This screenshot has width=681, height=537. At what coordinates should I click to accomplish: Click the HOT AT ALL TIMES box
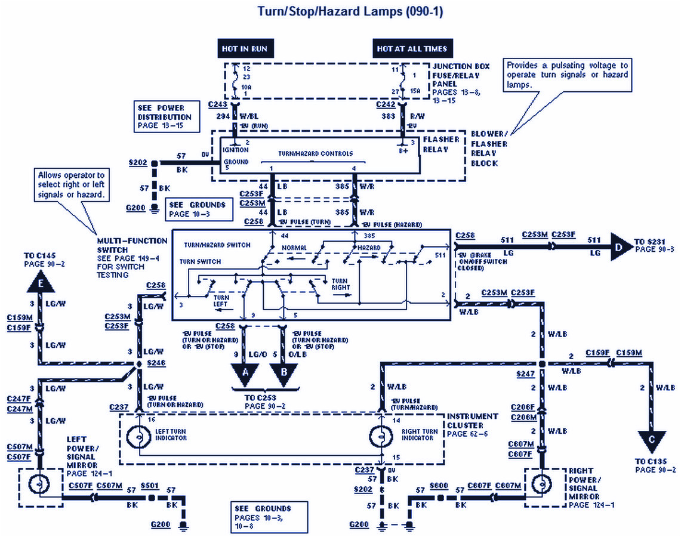click(411, 49)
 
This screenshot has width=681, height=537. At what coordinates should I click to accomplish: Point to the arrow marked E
click(40, 285)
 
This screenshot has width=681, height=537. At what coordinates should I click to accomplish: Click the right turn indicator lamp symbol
click(381, 437)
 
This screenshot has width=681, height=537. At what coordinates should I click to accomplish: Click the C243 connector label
click(218, 104)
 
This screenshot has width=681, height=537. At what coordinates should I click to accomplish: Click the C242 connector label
click(386, 104)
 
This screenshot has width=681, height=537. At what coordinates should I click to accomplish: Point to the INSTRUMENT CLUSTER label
click(472, 420)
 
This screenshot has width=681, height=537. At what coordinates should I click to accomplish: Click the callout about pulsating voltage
click(567, 75)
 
